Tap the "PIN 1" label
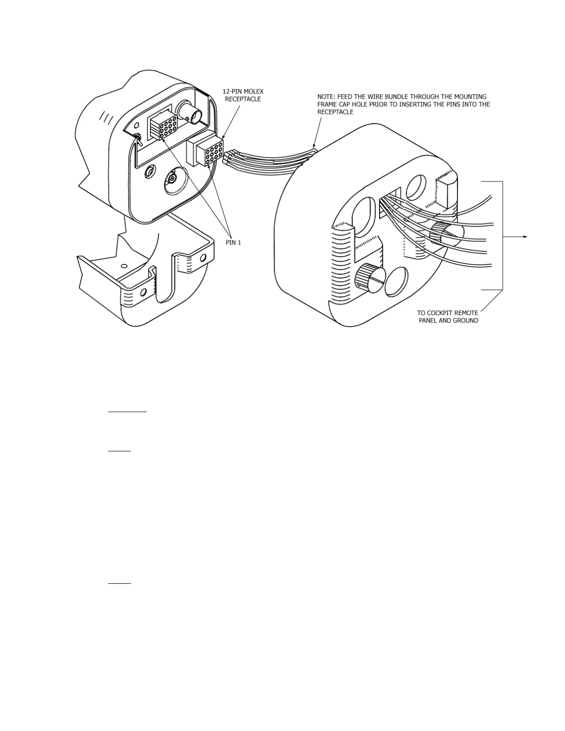233,243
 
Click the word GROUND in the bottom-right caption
465,321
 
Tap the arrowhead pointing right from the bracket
525,237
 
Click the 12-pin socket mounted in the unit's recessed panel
162,125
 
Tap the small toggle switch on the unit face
137,137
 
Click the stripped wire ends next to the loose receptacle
228,158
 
